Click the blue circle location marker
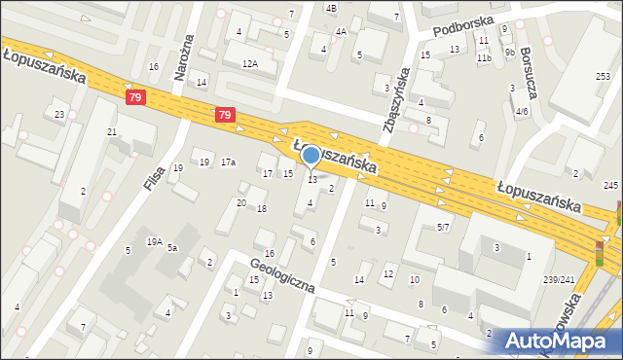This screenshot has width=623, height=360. (311, 155)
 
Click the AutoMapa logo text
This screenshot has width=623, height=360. (559, 342)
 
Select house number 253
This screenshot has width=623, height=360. (604, 76)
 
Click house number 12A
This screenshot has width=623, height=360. (249, 63)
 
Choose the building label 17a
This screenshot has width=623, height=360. (228, 162)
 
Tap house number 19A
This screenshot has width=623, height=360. (154, 241)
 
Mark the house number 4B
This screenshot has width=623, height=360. (331, 8)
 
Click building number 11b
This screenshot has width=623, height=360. (484, 58)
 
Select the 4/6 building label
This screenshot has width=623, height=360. (522, 112)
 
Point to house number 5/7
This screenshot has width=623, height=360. (443, 227)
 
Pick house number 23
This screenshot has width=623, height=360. (59, 115)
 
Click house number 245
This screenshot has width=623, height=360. (610, 185)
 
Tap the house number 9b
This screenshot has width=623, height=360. (509, 52)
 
